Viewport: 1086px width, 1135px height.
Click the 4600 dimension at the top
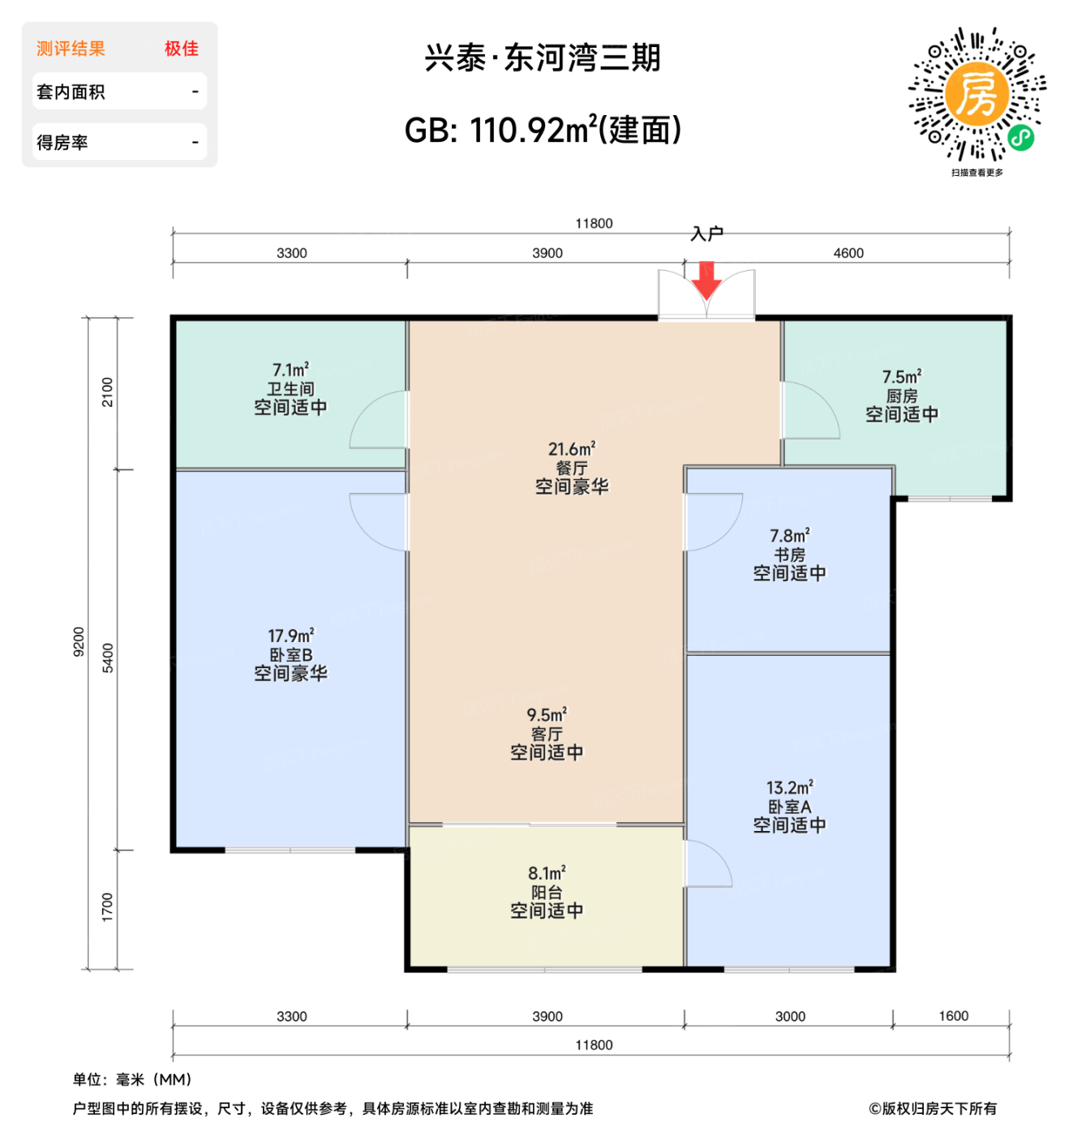pyautogui.click(x=848, y=253)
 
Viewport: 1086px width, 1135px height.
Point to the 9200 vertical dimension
pyautogui.click(x=79, y=641)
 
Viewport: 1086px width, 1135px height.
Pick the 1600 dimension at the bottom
pyautogui.click(x=953, y=1016)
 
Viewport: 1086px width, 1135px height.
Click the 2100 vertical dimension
pyautogui.click(x=108, y=392)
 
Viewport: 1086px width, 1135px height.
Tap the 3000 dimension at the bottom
pyautogui.click(x=789, y=1017)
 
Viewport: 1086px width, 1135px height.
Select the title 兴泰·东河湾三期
pyautogui.click(x=543, y=58)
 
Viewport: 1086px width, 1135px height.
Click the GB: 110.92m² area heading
pyautogui.click(x=543, y=130)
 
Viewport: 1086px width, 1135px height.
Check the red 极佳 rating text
pyautogui.click(x=181, y=49)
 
